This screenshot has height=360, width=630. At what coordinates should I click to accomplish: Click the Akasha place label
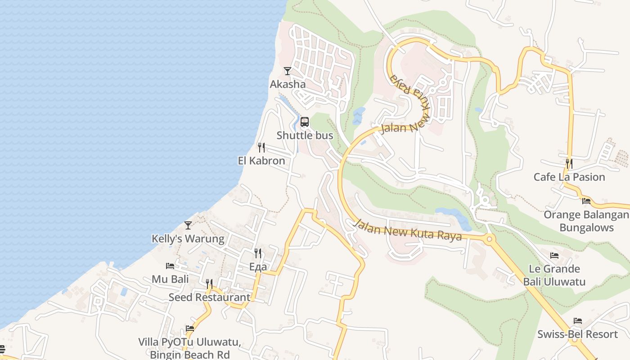(x=288, y=84)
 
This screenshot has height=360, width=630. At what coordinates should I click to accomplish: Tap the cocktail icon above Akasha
(x=288, y=71)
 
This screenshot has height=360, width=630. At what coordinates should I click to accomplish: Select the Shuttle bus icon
(x=305, y=122)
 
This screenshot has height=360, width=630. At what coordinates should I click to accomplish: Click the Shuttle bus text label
(x=305, y=135)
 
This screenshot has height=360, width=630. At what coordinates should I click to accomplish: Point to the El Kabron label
(x=261, y=161)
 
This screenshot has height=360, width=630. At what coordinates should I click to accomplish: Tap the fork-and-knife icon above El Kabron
(x=261, y=148)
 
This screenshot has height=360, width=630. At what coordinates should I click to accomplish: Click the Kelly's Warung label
(x=188, y=238)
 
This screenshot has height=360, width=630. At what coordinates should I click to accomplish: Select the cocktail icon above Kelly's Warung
(x=188, y=225)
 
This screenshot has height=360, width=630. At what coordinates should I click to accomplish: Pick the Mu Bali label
(x=170, y=279)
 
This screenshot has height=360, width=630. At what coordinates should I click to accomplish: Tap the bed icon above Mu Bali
(x=170, y=266)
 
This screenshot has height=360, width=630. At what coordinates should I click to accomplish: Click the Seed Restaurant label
(x=209, y=297)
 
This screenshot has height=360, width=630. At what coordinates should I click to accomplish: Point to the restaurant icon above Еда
(x=258, y=253)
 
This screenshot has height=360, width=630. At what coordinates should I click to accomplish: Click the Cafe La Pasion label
(x=569, y=177)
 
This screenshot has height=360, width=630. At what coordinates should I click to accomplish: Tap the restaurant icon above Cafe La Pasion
(x=569, y=163)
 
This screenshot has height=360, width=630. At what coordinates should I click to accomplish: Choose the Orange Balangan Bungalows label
(x=586, y=220)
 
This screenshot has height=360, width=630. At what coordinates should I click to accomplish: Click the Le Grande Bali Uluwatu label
(x=554, y=275)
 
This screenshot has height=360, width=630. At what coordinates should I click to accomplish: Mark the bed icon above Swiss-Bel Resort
(x=578, y=321)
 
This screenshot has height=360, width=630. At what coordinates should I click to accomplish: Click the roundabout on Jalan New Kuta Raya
(x=490, y=238)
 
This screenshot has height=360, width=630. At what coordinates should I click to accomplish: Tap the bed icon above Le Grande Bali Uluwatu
(x=554, y=256)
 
